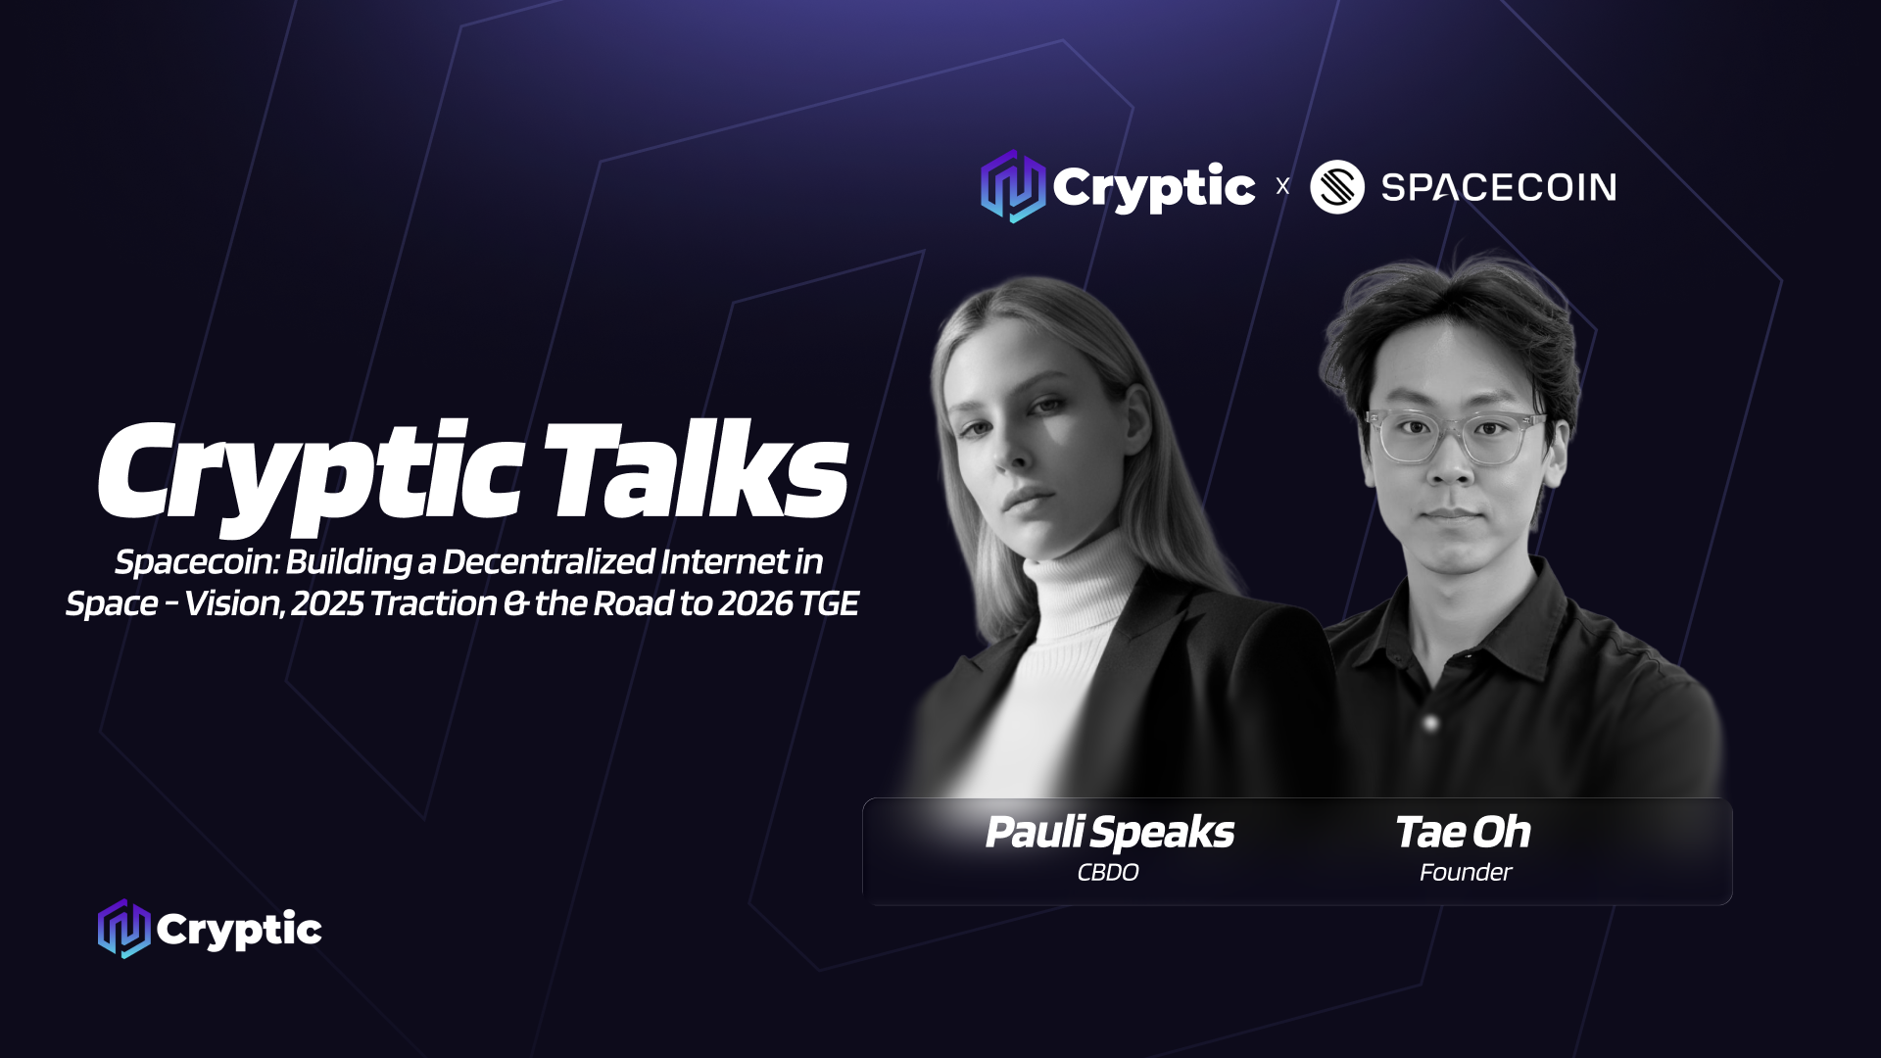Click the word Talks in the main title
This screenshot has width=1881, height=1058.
pyautogui.click(x=696, y=470)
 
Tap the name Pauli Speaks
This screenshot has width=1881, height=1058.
pyautogui.click(x=1109, y=833)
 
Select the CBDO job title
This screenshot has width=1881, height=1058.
pyautogui.click(x=1108, y=872)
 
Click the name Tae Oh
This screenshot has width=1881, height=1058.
pyautogui.click(x=1463, y=832)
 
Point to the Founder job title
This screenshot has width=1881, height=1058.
pyautogui.click(x=1466, y=872)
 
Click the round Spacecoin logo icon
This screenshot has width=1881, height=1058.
pyautogui.click(x=1336, y=186)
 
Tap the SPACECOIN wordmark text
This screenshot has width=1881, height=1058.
pyautogui.click(x=1498, y=187)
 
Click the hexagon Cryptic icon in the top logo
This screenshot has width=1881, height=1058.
pyautogui.click(x=1013, y=186)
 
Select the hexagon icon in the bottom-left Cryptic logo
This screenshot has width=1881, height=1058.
pyautogui.click(x=123, y=929)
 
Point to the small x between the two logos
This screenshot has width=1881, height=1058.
pyautogui.click(x=1282, y=186)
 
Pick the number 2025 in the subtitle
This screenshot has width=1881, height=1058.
pyautogui.click(x=327, y=603)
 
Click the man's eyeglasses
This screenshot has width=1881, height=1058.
pyautogui.click(x=1456, y=436)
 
